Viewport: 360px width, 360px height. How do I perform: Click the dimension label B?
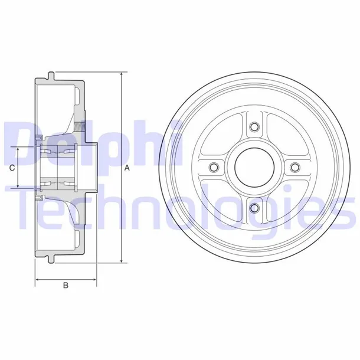[x=66, y=286]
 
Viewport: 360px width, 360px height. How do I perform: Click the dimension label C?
[x=12, y=168]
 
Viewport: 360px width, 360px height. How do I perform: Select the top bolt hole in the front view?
[x=254, y=127]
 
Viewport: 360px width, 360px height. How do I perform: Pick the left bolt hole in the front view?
[x=214, y=167]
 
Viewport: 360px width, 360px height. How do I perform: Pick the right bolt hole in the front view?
[x=294, y=167]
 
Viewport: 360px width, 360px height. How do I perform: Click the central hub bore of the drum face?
[x=254, y=167]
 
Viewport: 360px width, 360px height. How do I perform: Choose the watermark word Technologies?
[x=177, y=204]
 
